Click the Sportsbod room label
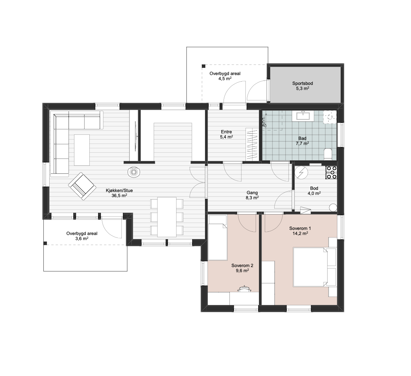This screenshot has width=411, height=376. click(302, 83)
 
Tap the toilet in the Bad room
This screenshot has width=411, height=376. click(327, 154)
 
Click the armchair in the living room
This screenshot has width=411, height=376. click(82, 186)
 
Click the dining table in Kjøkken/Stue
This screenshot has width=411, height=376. click(167, 217)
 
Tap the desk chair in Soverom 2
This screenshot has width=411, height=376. click(245, 289)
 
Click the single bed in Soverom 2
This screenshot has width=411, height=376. click(218, 238)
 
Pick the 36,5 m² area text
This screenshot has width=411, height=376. click(119, 196)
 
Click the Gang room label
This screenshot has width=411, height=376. click(252, 193)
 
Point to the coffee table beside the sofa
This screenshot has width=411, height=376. click(82, 150)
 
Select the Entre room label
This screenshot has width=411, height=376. click(226, 132)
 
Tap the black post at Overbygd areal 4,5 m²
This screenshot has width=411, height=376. click(203, 66)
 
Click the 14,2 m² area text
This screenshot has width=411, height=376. click(300, 234)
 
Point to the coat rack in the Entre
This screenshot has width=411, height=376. click(252, 144)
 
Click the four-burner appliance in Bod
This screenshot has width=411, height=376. click(331, 173)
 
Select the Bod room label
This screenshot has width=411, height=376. click(314, 188)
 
